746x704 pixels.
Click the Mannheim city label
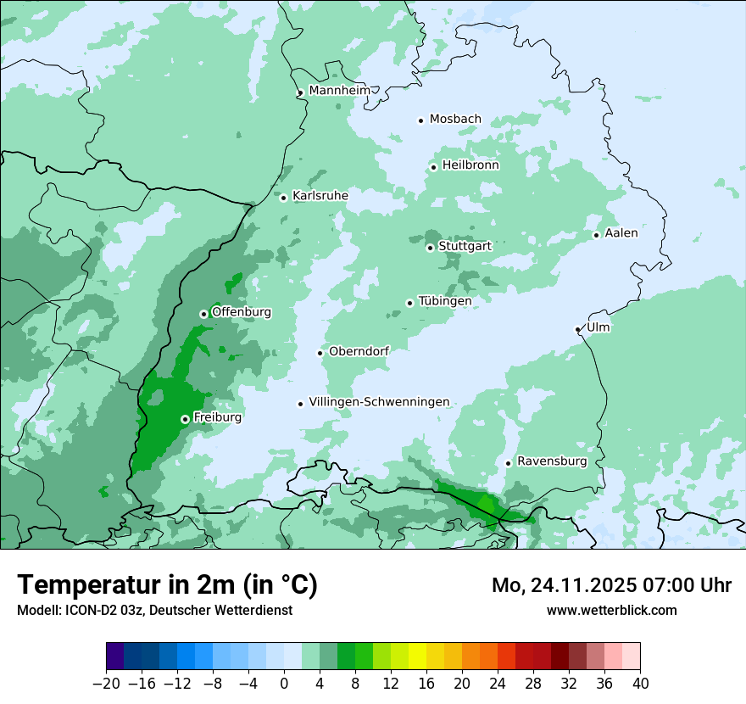(339, 90)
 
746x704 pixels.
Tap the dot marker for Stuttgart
(430, 248)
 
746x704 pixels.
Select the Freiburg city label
(217, 417)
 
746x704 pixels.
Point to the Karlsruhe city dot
(284, 198)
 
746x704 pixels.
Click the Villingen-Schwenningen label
(379, 402)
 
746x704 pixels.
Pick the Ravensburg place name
(552, 461)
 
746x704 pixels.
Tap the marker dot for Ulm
(577, 329)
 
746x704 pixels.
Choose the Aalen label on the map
(621, 232)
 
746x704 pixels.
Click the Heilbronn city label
(470, 165)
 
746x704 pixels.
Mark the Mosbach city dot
(420, 120)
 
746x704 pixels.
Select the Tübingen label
(445, 301)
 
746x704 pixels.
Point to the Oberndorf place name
(359, 351)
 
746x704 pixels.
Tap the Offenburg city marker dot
(203, 314)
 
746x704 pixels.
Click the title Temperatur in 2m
(167, 584)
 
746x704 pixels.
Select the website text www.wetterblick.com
(611, 610)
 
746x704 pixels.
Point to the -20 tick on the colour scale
(106, 684)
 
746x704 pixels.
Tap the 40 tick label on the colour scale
(640, 684)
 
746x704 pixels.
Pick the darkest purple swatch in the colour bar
(114, 656)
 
